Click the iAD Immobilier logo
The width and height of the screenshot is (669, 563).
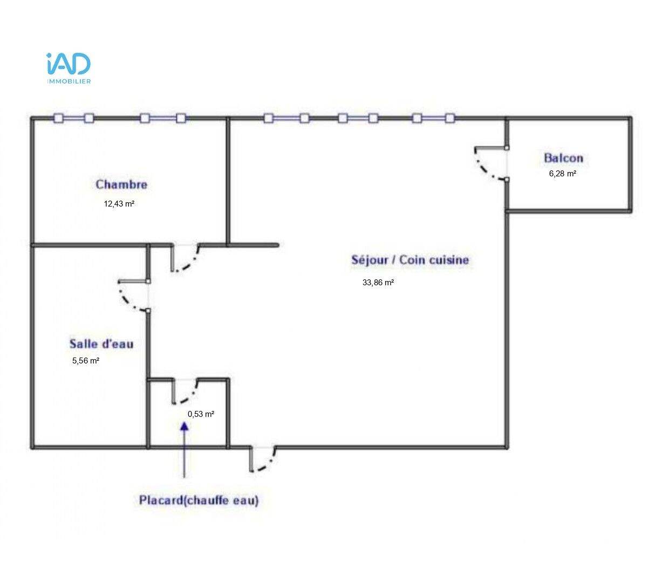point(69,68)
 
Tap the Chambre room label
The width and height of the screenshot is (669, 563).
point(121,184)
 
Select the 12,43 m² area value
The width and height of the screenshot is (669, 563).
point(119,204)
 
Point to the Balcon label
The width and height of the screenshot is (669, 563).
point(564,158)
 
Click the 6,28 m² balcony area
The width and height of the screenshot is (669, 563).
point(563,174)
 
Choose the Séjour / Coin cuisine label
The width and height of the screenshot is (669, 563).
point(410,260)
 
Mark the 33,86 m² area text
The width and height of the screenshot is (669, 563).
point(378,283)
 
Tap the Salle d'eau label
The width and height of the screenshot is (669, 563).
point(101,344)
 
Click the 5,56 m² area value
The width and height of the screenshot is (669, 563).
point(86,361)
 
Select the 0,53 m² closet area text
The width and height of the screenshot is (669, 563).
point(201,414)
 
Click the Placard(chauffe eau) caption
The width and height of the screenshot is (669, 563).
point(199,500)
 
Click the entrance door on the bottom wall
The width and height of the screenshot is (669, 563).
point(263,459)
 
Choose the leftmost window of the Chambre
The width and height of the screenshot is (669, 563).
point(73,119)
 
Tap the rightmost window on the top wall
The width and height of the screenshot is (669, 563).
point(433,119)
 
